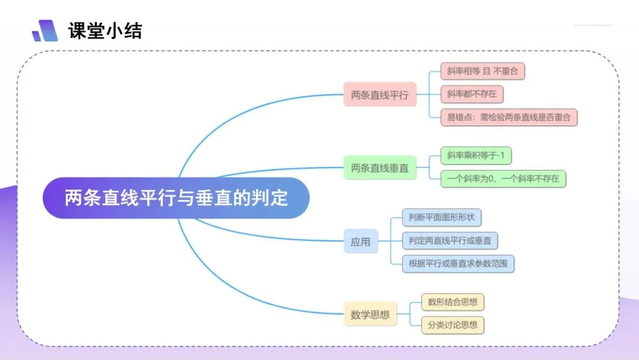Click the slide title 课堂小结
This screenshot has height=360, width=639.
[105, 31]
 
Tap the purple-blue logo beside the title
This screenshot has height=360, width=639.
[45, 31]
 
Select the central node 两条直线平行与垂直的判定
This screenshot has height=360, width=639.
[176, 198]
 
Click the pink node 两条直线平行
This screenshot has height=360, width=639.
[380, 95]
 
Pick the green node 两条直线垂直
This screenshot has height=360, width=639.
[380, 168]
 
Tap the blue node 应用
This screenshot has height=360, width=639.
[361, 242]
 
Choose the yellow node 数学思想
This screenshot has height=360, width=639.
[370, 314]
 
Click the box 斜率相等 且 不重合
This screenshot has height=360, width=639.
[483, 71]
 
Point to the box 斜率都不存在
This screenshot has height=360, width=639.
[472, 94]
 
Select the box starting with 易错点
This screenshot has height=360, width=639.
[509, 117]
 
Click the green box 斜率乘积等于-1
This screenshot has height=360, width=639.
[476, 155]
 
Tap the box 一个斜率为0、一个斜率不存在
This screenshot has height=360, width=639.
[504, 179]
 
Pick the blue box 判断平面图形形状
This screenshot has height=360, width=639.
[442, 217]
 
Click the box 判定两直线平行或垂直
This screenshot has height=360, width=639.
[450, 240]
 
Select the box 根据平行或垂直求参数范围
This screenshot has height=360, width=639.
[458, 263]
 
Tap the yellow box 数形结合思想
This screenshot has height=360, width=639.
[453, 302]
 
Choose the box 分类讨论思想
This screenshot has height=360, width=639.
[453, 325]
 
